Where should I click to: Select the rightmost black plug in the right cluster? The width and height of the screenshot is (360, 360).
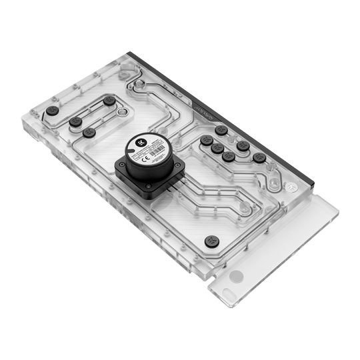point(259,157)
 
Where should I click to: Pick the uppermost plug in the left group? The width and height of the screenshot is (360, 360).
point(109,101)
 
